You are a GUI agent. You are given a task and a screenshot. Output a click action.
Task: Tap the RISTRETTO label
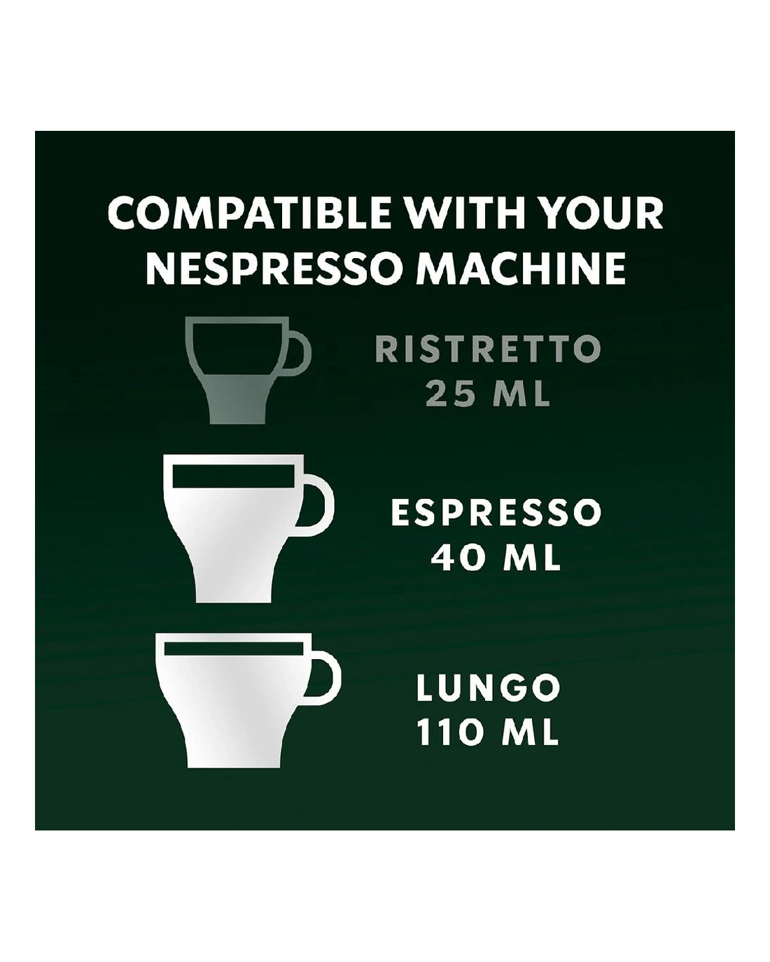point(488,349)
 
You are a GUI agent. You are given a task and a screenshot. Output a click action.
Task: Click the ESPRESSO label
point(496,514)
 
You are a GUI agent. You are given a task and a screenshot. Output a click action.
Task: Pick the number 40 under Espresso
point(456,558)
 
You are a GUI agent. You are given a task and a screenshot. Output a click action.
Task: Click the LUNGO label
point(488,687)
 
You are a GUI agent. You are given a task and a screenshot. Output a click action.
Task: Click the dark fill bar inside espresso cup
point(234,476)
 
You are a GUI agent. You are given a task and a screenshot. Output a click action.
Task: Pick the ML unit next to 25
point(520,393)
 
